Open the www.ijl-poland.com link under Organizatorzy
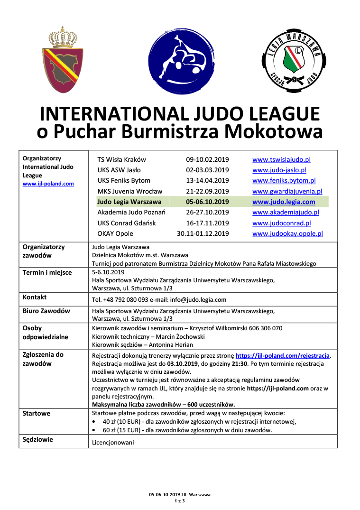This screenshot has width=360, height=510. (48, 184)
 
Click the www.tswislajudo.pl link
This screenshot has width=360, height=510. (281, 160)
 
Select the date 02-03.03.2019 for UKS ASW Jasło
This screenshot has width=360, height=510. (207, 170)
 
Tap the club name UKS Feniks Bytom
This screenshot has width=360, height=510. (124, 181)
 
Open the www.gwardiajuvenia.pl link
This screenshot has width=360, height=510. (287, 191)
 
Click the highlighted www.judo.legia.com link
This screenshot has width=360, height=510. (284, 202)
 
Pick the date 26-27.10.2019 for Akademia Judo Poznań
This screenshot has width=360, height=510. (207, 212)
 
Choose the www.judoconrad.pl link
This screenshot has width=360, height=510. (282, 223)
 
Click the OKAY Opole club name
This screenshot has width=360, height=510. (115, 233)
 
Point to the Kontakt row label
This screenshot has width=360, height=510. (35, 297)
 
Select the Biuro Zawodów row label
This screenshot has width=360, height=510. (46, 311)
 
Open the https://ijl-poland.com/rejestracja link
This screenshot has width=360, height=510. (283, 355)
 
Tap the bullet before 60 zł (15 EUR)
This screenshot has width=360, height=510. (95, 430)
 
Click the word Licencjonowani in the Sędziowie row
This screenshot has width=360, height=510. (112, 442)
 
